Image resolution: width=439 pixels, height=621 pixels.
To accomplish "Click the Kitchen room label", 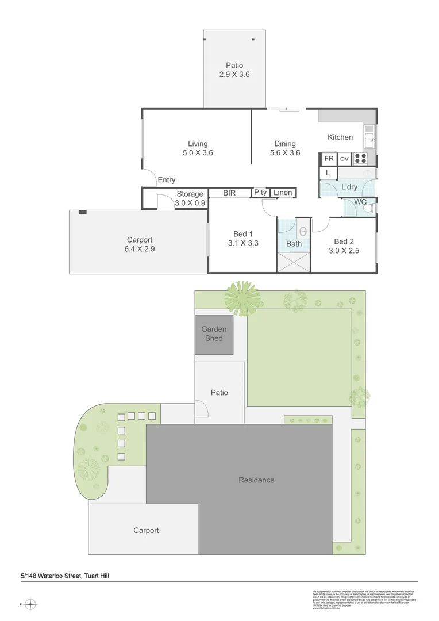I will pyautogui.click(x=340, y=137).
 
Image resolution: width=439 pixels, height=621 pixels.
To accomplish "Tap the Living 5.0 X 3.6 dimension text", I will pyautogui.click(x=197, y=153).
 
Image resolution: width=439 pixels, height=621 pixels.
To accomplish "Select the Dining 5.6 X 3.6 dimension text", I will pyautogui.click(x=285, y=153).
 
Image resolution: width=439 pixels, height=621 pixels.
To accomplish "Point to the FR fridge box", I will pyautogui.click(x=329, y=159).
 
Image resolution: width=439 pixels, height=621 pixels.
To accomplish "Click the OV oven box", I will pyautogui.click(x=344, y=159).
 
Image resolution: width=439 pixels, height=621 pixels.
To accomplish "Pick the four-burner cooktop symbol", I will pyautogui.click(x=360, y=159).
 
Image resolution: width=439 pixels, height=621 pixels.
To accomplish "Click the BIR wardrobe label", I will pyautogui.click(x=230, y=193).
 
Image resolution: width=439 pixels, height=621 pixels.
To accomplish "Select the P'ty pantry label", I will pyautogui.click(x=260, y=193).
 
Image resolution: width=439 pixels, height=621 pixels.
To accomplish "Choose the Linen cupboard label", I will pyautogui.click(x=283, y=193).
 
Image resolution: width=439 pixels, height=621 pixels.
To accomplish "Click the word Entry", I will pyautogui.click(x=167, y=180).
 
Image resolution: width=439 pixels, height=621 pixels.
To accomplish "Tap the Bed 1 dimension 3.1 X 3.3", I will pyautogui.click(x=243, y=243).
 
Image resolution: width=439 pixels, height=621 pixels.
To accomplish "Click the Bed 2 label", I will pyautogui.click(x=343, y=241).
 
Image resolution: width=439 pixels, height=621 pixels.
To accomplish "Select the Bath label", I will pyautogui.click(x=294, y=244).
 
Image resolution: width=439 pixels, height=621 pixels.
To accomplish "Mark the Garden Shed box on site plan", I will pyautogui.click(x=214, y=334).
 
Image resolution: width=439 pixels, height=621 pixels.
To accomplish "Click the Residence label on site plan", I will pyautogui.click(x=256, y=480).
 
